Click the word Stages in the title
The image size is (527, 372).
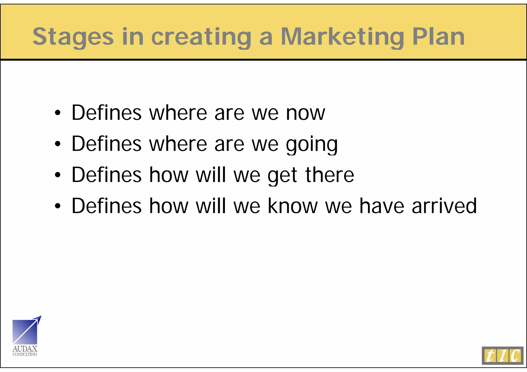pyautogui.click(x=73, y=37)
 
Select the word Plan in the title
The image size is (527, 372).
pyautogui.click(x=438, y=36)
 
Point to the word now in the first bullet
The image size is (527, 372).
pyautogui.click(x=306, y=113)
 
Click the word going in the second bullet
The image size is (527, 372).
pyautogui.click(x=312, y=144)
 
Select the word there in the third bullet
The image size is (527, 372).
pyautogui.click(x=330, y=175)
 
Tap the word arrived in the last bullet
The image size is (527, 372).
pyautogui.click(x=444, y=206)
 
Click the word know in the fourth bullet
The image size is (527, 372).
pyautogui.click(x=293, y=206)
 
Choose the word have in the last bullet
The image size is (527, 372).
pyautogui.click(x=382, y=206)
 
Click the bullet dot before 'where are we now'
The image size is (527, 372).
pyautogui.click(x=58, y=113)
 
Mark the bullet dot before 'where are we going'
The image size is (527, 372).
pyautogui.click(x=58, y=144)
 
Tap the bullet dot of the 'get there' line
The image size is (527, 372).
pyautogui.click(x=58, y=175)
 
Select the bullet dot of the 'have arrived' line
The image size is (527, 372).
pyautogui.click(x=58, y=206)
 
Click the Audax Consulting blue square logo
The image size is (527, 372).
pyautogui.click(x=25, y=332)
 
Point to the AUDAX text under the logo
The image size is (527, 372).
pyautogui.click(x=25, y=349)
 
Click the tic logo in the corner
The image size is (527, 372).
pyautogui.click(x=502, y=356)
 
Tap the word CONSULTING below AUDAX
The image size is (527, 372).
pyautogui.click(x=25, y=355)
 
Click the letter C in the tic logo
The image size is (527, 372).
pyautogui.click(x=515, y=356)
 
